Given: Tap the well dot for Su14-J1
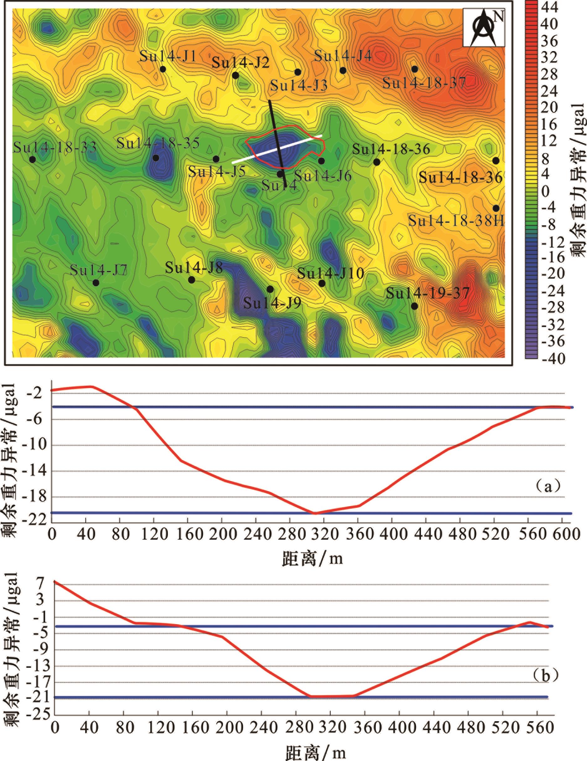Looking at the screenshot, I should (163, 69).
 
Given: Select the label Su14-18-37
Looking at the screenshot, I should (424, 83).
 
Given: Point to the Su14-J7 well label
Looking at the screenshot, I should (99, 270).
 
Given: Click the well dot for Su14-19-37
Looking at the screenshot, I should (414, 306).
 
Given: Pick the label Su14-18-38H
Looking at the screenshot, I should (456, 221).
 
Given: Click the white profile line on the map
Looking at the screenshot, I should (277, 149).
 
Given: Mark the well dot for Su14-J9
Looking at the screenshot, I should (270, 289).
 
